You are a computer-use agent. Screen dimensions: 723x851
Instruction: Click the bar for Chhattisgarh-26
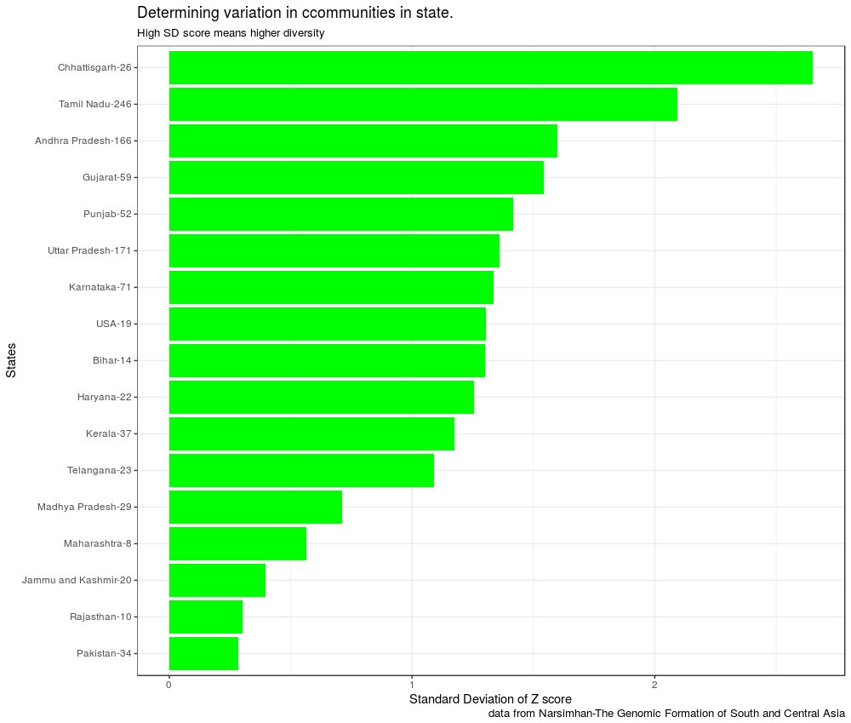pos(490,67)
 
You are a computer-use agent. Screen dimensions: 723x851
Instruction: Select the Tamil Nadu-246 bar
pos(423,104)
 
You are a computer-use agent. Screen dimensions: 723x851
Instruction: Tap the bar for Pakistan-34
pos(203,653)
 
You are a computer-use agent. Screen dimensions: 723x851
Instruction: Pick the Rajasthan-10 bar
pos(206,617)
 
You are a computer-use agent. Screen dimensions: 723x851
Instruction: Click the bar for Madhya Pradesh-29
pos(255,507)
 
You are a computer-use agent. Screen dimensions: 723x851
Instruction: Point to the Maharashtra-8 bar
pos(237,543)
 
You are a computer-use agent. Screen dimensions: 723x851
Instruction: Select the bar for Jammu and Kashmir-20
pos(217,580)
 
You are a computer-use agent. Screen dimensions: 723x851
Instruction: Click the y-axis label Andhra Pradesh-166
pos(83,141)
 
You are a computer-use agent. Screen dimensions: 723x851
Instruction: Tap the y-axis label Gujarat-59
pos(106,177)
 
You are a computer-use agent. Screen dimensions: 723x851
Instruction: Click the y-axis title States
pos(11,360)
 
